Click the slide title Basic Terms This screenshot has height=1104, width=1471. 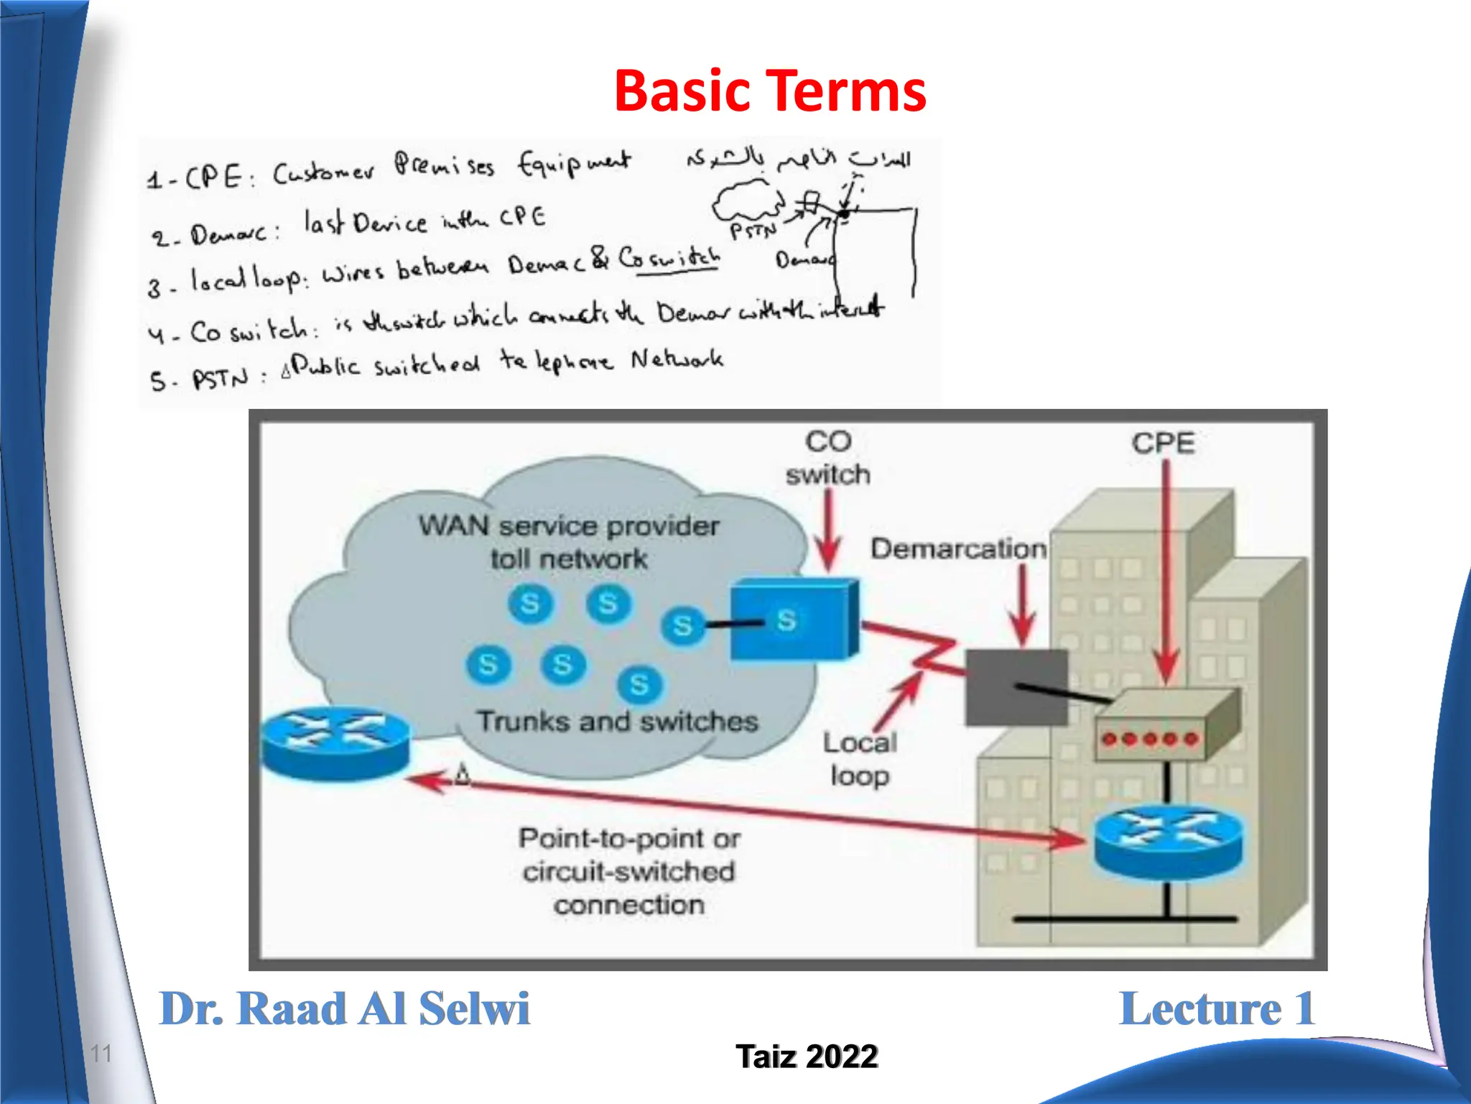[769, 91]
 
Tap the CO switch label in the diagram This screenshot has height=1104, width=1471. [827, 458]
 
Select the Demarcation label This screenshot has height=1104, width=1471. [958, 548]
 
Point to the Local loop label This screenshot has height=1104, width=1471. [860, 759]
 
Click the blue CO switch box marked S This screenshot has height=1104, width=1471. [793, 620]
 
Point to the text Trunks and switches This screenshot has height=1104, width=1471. [617, 721]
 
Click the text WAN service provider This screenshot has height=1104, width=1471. [568, 525]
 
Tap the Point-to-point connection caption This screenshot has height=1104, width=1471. [628, 870]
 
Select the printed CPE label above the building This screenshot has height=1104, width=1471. [1163, 443]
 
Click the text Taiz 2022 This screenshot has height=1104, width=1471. [806, 1056]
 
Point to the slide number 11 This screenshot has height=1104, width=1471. [101, 1054]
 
